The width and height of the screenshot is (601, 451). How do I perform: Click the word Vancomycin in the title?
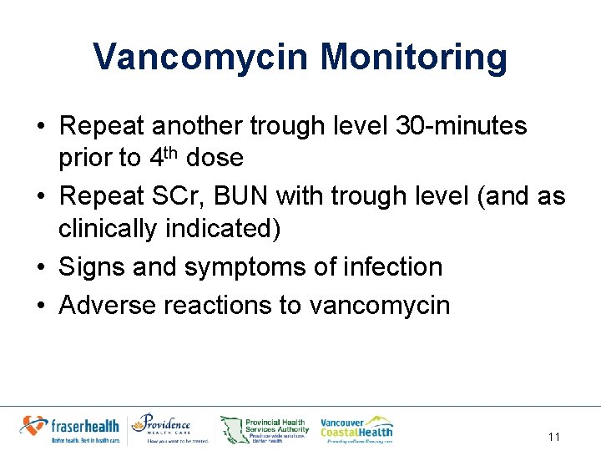pyautogui.click(x=199, y=58)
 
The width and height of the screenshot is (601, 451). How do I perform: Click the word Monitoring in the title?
pyautogui.click(x=413, y=58)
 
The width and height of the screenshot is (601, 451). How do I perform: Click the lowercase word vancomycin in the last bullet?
pyautogui.click(x=380, y=306)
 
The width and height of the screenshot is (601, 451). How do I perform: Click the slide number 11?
pyautogui.click(x=554, y=436)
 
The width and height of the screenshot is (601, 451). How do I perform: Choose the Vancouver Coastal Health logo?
pyautogui.click(x=356, y=428)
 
